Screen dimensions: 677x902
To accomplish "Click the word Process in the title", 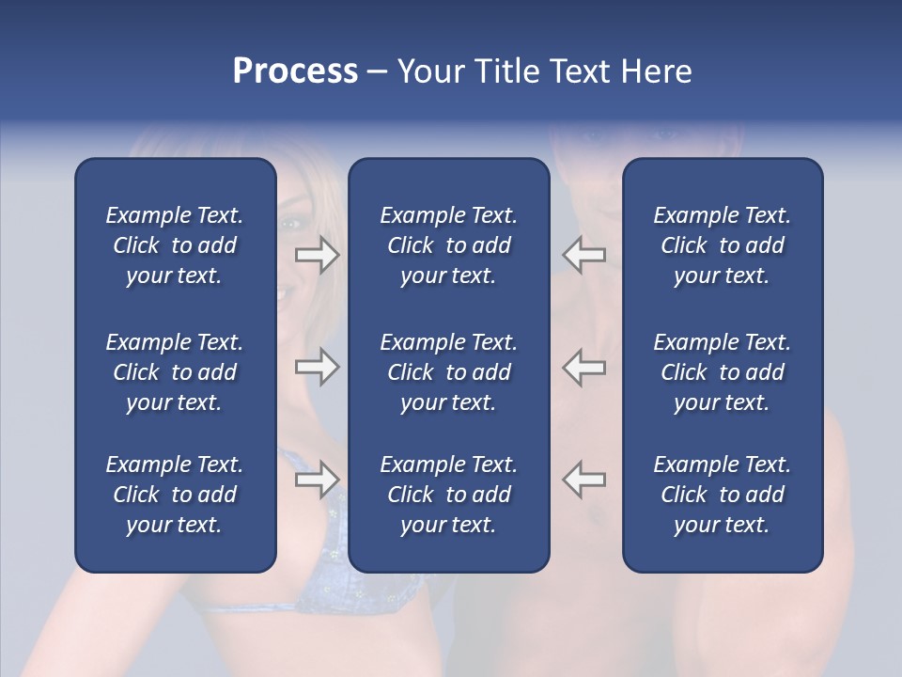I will point(295,71).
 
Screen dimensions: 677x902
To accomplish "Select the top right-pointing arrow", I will point(318,255).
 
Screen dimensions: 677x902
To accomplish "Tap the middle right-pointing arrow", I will point(318,367).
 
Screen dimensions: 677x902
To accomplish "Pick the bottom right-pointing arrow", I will point(318,480).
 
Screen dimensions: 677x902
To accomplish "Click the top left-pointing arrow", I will point(583,255).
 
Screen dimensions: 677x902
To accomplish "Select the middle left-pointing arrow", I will point(583,367).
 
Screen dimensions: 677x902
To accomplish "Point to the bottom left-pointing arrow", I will point(583,480).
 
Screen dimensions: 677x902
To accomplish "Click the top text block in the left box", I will point(175,245).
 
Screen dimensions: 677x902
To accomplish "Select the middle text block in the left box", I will point(175,372).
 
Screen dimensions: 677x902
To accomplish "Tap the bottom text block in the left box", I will point(175,495).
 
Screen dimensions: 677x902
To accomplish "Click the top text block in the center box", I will point(448,245).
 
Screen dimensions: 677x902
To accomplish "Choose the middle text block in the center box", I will point(448,372).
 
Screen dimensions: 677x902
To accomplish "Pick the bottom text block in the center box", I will point(448,495).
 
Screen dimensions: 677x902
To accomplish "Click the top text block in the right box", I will point(722,245).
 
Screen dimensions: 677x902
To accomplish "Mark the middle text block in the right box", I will point(722,372).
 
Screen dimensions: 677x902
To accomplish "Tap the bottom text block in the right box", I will point(722,495).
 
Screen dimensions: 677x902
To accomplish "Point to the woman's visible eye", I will point(290,223).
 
